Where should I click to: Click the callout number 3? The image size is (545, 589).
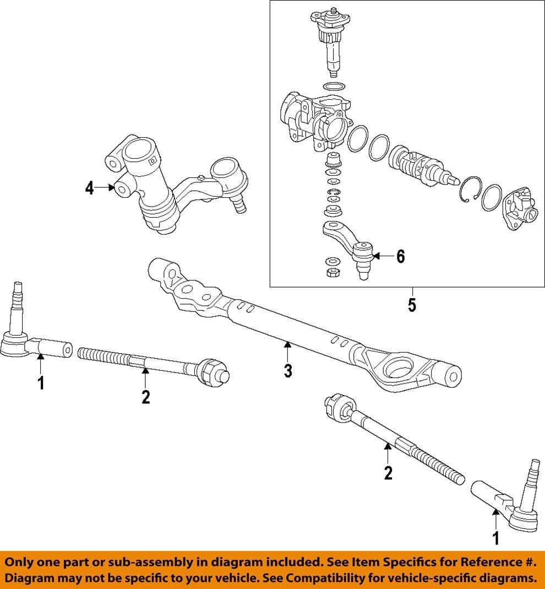[287, 371]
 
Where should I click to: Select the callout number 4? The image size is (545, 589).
[89, 188]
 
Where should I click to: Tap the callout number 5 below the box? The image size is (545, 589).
[412, 305]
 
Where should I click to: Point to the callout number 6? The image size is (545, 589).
[400, 256]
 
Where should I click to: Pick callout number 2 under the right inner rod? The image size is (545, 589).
[388, 472]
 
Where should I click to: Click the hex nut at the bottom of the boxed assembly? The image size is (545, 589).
[332, 273]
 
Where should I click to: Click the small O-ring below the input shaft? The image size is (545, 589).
[333, 87]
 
